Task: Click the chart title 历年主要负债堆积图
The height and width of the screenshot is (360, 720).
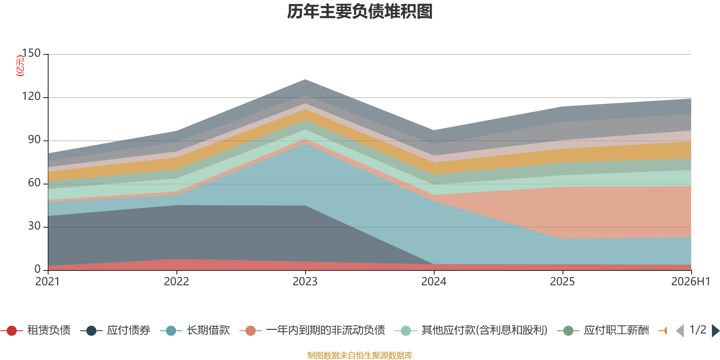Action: tap(360, 12)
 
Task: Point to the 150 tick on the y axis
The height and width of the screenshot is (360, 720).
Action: tap(31, 53)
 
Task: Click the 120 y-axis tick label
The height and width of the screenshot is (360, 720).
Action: tap(31, 96)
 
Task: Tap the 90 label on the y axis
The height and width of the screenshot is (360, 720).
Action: tap(34, 139)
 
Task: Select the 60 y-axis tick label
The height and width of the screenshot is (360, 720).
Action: tap(34, 183)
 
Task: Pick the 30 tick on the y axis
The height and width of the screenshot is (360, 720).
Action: tap(34, 226)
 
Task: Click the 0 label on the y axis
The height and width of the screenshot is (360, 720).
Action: tap(37, 269)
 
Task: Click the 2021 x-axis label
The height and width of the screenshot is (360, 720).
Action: tap(48, 282)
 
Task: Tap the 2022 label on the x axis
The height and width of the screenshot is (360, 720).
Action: tap(176, 282)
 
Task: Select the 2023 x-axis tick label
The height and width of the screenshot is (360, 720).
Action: tap(305, 282)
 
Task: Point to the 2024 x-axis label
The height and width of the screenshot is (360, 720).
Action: tap(434, 282)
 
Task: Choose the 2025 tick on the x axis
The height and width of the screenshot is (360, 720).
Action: tap(562, 282)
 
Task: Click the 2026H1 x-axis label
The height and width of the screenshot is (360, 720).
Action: tap(691, 282)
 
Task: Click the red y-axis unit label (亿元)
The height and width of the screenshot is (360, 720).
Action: tap(20, 66)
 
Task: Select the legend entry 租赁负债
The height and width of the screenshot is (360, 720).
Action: tap(36, 330)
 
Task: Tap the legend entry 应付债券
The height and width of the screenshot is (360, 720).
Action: tap(115, 330)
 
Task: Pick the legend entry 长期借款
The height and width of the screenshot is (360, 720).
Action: tap(195, 330)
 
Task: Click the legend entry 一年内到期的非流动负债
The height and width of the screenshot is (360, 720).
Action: tap(312, 330)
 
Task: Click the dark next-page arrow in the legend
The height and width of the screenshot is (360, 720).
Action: tap(715, 330)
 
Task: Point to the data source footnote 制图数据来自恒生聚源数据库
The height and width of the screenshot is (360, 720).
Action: tap(360, 355)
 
